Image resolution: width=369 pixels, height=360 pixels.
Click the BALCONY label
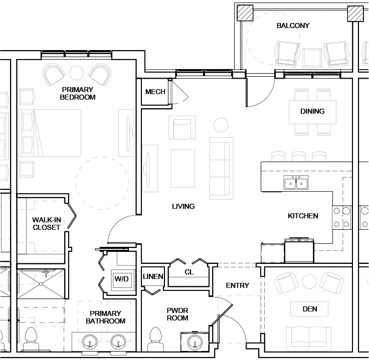point(293,26)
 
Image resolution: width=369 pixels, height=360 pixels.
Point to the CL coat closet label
point(189,272)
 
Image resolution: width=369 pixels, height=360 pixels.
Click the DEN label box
point(310,309)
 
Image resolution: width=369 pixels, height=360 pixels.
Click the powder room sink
point(196,342)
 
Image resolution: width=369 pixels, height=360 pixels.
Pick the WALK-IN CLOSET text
point(46,223)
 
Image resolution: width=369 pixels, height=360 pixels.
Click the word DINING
point(312,111)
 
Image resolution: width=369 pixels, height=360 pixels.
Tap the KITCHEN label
point(303,216)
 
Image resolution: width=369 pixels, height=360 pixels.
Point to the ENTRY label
point(237,285)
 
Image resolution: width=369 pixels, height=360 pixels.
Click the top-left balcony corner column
point(245,13)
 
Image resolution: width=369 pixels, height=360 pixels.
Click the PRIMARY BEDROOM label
point(77,93)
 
